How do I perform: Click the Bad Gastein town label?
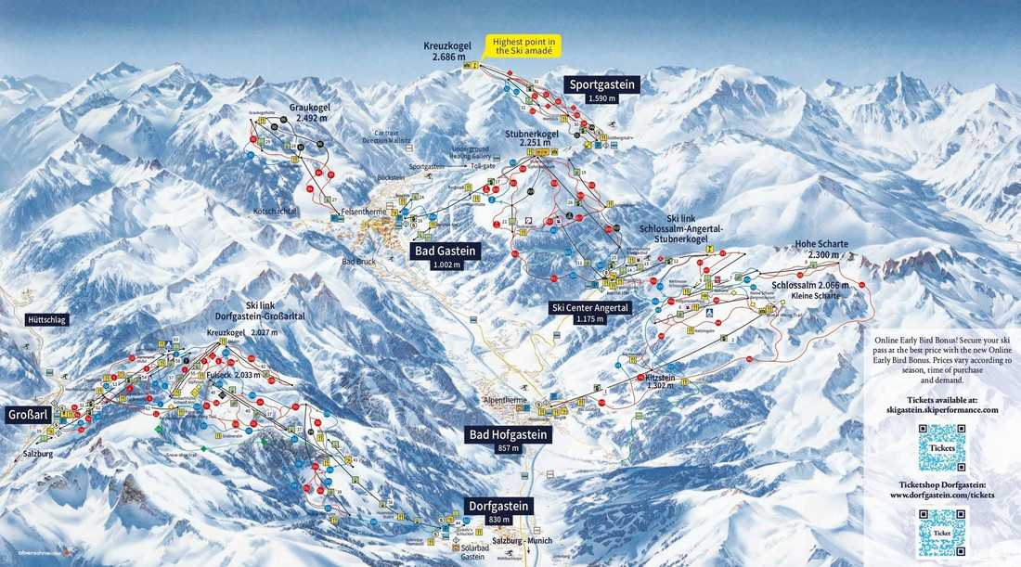point(446,250)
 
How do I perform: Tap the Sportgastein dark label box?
point(603,84)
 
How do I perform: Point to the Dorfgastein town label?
point(499,506)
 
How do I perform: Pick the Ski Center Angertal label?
point(590,307)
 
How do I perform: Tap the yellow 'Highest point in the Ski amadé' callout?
point(524,46)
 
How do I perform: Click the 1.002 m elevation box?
point(446,264)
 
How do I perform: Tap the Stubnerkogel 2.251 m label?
point(532,138)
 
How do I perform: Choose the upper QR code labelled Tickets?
point(942,447)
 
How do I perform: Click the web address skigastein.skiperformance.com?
point(942,409)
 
